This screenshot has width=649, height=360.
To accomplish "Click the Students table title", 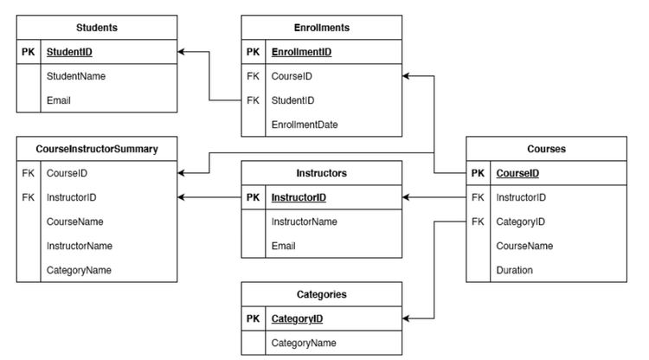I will [x=96, y=28].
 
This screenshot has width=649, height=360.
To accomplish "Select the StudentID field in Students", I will [x=69, y=52].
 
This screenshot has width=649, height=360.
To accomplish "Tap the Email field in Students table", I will [x=58, y=100].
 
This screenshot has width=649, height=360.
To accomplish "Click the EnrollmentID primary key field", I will [x=301, y=52].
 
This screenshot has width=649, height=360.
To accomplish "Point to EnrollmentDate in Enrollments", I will [x=304, y=125].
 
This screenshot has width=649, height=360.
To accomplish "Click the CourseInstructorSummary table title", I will [x=96, y=149].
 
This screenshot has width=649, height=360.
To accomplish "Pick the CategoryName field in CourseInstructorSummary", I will [x=79, y=270].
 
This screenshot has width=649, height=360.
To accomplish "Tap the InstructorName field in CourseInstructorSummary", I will [x=80, y=246].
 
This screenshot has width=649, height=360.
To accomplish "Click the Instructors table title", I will [x=321, y=173].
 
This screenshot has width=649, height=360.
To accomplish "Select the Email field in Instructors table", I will [x=283, y=246].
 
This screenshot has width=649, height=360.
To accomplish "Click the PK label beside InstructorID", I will [x=253, y=197].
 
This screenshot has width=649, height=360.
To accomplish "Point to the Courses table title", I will [x=546, y=149].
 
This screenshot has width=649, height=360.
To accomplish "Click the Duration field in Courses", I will [x=514, y=270].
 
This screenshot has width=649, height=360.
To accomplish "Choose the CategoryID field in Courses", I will [x=520, y=222].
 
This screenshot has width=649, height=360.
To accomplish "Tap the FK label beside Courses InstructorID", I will [x=478, y=197].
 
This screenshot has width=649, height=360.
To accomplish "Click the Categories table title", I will [x=321, y=294].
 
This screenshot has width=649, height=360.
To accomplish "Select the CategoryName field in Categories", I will [x=304, y=343].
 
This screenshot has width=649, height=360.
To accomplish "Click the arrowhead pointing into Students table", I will [x=182, y=52].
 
